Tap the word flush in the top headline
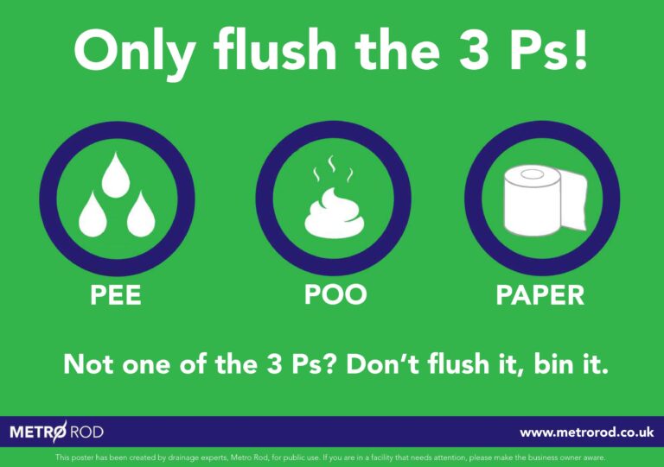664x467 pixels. click(275, 48)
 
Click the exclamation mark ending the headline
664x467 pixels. click(581, 48)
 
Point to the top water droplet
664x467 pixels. click(116, 175)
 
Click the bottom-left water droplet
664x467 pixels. click(93, 215)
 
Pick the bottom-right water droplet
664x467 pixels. click(141, 215)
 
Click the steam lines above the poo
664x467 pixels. click(333, 168)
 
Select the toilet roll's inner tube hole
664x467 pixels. click(532, 174)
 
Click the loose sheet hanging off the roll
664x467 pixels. click(574, 200)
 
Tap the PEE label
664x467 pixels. click(116, 294)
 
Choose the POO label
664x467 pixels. click(335, 294)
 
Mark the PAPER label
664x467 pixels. click(539, 294)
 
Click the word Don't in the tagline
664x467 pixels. click(383, 364)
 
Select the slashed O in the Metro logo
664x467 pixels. click(60, 432)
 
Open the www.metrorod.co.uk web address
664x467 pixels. click(587, 432)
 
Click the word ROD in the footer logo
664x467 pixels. click(86, 432)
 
